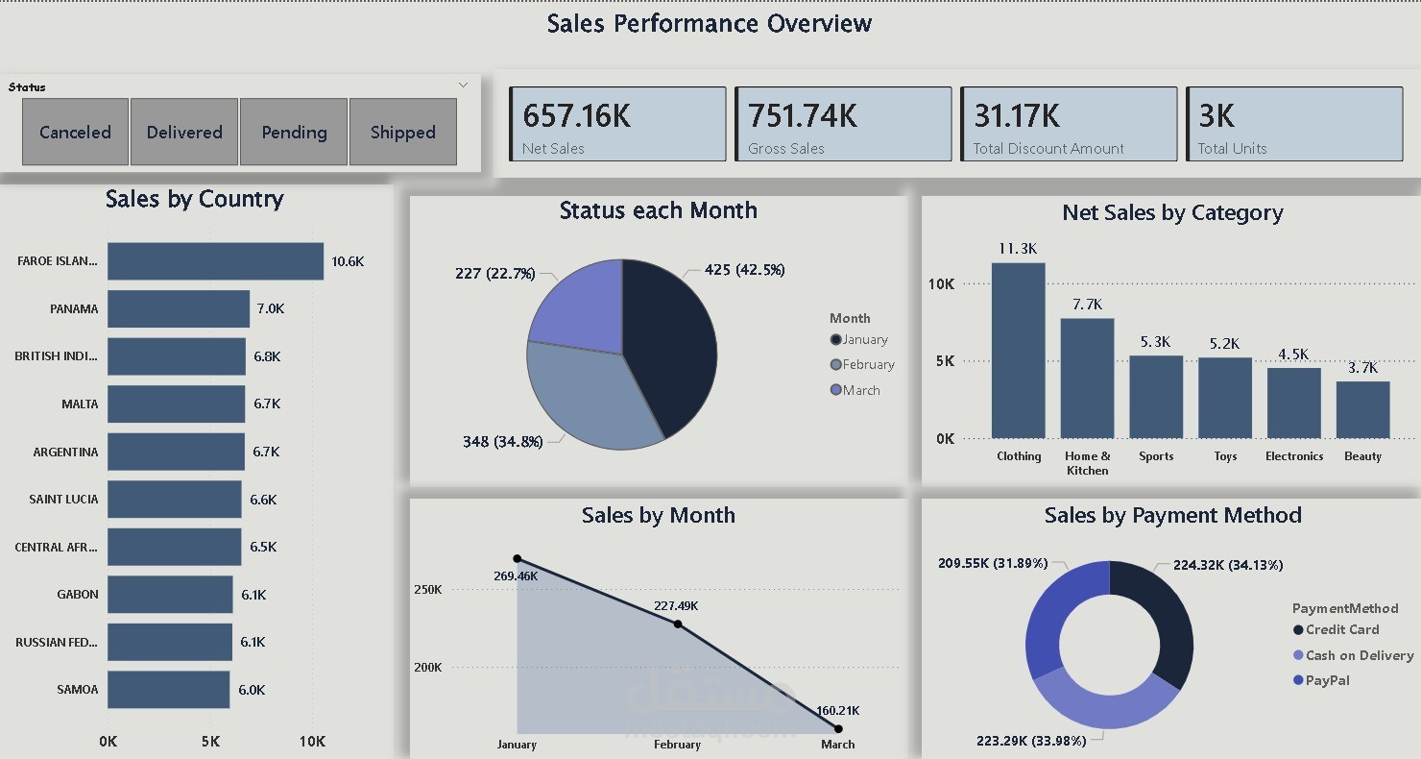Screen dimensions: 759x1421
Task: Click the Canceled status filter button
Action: coord(75,132)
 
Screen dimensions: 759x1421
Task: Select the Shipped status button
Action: coord(402,132)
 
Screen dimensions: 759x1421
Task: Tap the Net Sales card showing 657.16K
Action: coord(618,124)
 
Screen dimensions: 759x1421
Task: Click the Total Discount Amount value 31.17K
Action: coord(1017,116)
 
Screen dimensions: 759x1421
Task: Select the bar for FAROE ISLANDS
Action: coord(215,261)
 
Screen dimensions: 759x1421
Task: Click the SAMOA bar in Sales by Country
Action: coord(168,690)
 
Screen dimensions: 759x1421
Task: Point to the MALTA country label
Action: coord(80,404)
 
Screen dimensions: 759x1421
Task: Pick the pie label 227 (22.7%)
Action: coord(494,274)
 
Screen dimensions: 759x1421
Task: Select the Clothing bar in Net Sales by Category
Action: coord(1018,351)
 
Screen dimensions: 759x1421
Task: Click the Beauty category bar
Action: coord(1362,410)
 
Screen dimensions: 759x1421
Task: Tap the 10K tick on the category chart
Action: coord(941,284)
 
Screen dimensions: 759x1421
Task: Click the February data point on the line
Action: coord(678,624)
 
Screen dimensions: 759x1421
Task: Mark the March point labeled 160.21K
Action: coord(838,729)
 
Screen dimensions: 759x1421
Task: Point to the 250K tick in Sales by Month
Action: coord(427,590)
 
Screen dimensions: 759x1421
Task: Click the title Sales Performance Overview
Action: coord(710,24)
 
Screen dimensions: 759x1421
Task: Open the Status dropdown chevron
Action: coord(463,86)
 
